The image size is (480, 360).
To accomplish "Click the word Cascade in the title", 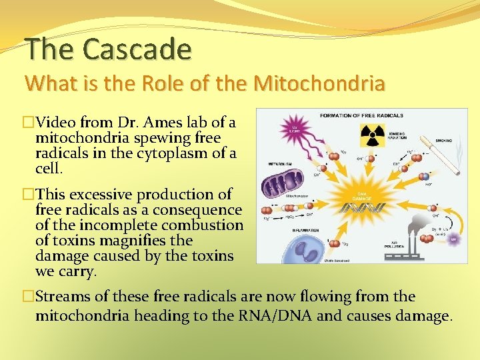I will point(138,49).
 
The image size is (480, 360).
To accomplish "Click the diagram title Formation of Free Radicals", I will point(361,115).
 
